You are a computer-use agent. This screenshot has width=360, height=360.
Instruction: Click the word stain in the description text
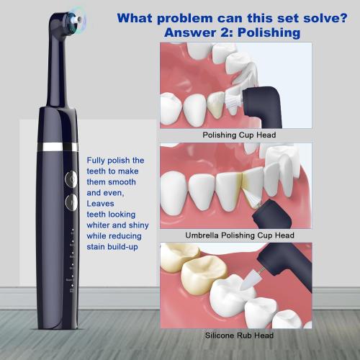[98, 247]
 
